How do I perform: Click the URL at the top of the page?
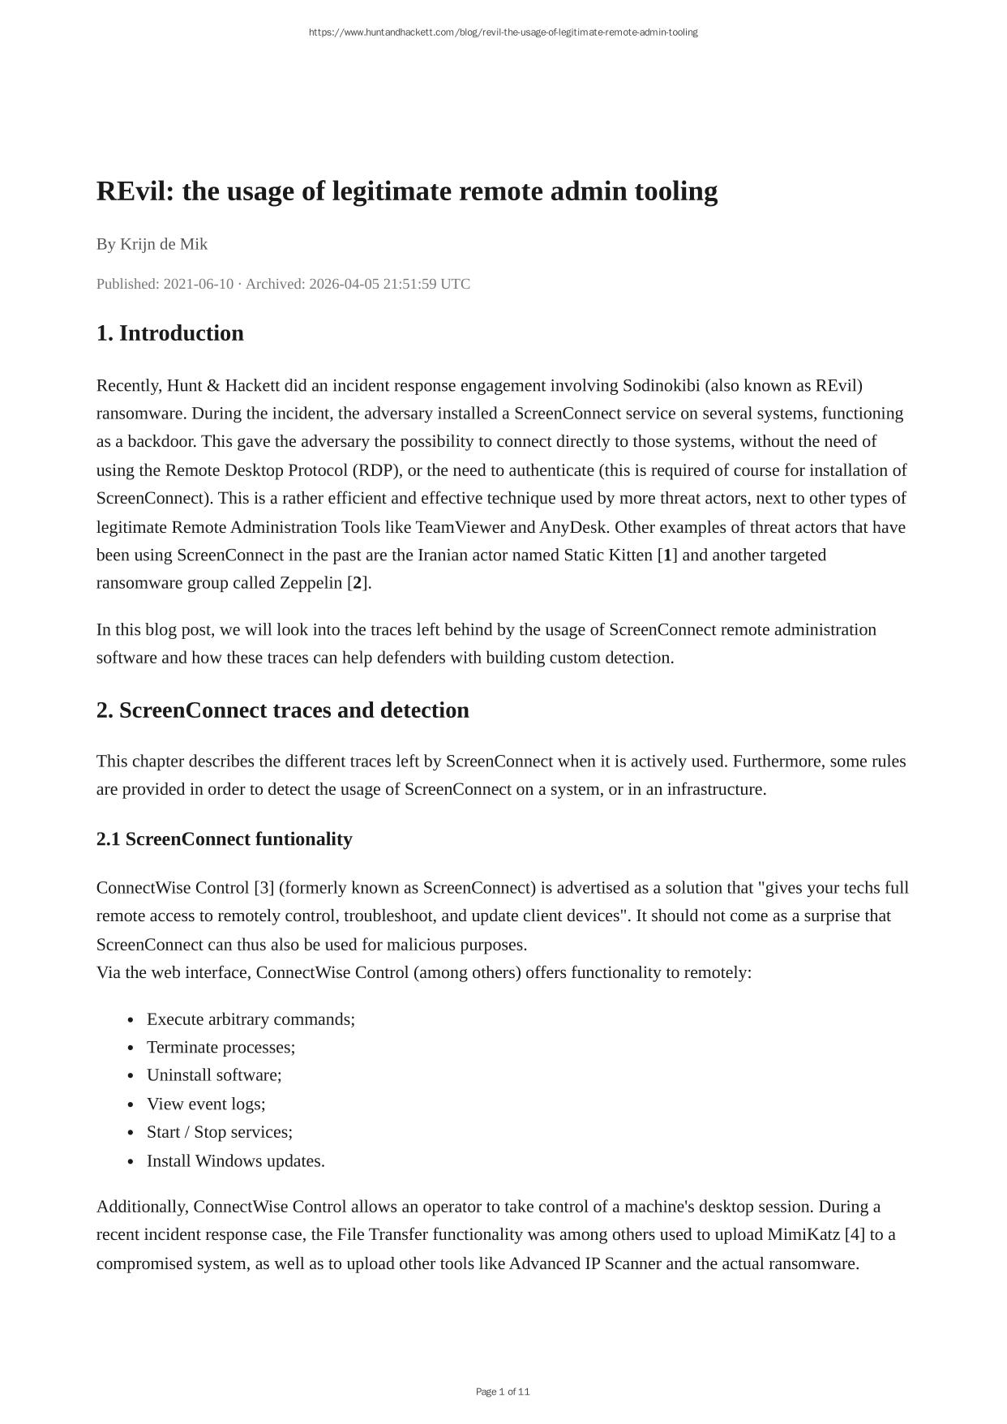tap(503, 32)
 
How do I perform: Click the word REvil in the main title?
tap(133, 192)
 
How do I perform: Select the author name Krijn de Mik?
tap(164, 244)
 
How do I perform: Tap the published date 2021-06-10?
tap(198, 284)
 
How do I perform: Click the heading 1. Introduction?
tap(169, 333)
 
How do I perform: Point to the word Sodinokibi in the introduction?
tap(661, 385)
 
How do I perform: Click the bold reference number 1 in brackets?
tap(668, 555)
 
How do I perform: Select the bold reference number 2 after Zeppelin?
tap(358, 583)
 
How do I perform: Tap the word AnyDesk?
tap(572, 527)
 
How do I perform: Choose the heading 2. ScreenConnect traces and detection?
tap(282, 710)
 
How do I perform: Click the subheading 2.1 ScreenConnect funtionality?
tap(224, 839)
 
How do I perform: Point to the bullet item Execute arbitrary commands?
tap(251, 1019)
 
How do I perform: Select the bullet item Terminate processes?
tap(221, 1047)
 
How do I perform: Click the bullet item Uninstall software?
tap(214, 1075)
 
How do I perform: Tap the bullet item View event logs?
tap(206, 1104)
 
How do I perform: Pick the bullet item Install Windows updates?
tap(235, 1160)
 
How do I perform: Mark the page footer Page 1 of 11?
tap(503, 1392)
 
